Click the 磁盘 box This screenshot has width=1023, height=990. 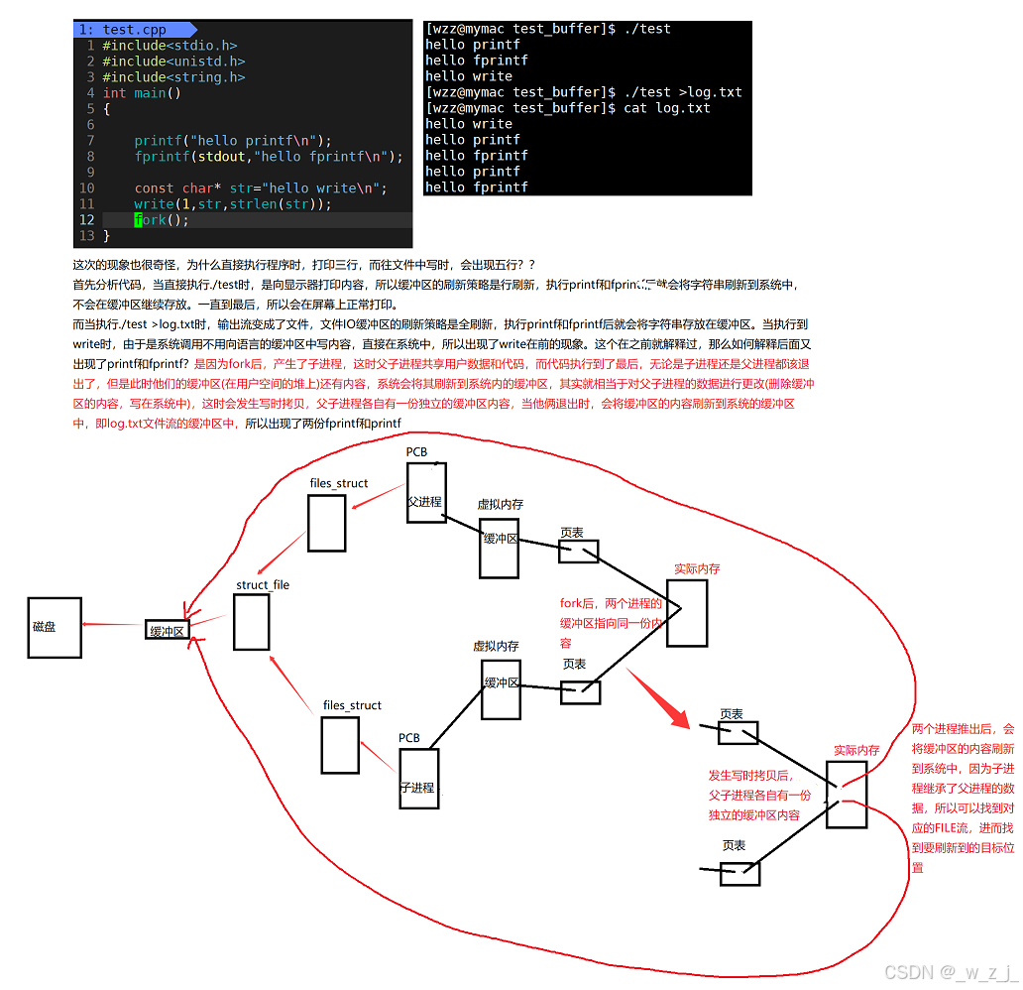55,627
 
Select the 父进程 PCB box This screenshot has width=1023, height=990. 426,492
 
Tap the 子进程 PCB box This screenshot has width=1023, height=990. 418,778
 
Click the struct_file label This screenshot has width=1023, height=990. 263,585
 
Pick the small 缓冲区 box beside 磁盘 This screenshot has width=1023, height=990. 167,630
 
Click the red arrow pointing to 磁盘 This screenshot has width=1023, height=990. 113,625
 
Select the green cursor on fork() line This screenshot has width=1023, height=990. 139,220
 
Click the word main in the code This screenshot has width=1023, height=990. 150,93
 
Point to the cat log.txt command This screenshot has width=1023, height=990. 667,108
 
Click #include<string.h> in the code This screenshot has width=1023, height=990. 173,77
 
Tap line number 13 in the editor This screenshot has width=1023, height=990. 86,236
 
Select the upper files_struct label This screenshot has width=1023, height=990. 339,483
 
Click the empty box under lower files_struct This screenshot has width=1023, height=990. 340,744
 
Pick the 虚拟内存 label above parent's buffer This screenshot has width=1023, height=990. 501,505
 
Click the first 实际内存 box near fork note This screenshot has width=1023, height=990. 687,612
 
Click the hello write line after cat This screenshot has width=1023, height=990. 469,124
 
